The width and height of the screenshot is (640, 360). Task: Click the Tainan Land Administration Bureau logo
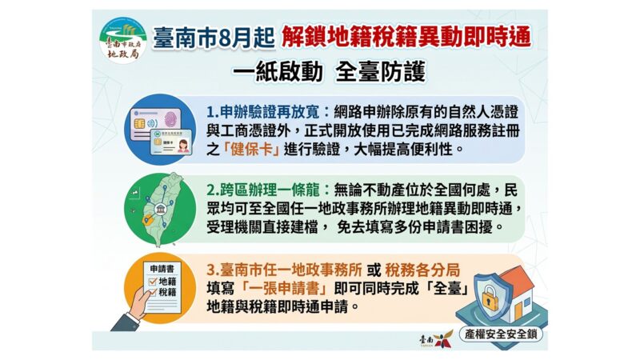click(x=123, y=41)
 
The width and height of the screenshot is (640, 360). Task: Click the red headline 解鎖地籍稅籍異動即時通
click(x=406, y=38)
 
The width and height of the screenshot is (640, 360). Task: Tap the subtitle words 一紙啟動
click(x=278, y=72)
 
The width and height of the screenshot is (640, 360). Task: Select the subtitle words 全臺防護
click(x=381, y=72)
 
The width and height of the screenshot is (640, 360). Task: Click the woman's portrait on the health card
click(x=183, y=146)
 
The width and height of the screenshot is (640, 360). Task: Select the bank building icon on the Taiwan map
click(x=161, y=210)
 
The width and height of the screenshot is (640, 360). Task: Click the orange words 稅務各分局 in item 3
click(x=422, y=270)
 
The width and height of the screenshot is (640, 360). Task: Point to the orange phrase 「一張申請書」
click(x=284, y=289)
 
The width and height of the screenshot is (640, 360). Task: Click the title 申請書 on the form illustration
click(x=162, y=269)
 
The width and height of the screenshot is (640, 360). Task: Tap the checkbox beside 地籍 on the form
click(x=153, y=282)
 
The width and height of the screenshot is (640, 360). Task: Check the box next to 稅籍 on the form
click(x=153, y=292)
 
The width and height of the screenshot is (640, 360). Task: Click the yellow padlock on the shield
click(x=490, y=298)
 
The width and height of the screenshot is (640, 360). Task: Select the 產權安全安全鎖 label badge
click(x=501, y=334)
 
